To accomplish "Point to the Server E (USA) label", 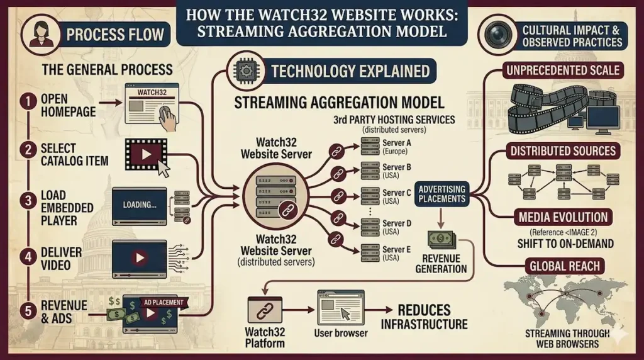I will click(396, 254).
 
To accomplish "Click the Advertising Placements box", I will click(442, 194).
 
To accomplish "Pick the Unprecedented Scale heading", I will click(562, 70).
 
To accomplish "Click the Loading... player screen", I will click(139, 206).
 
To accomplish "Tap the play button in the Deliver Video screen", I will click(140, 257).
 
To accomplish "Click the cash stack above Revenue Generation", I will click(441, 240).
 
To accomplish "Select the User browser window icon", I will click(340, 307).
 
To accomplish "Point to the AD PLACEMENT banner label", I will click(164, 303).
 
